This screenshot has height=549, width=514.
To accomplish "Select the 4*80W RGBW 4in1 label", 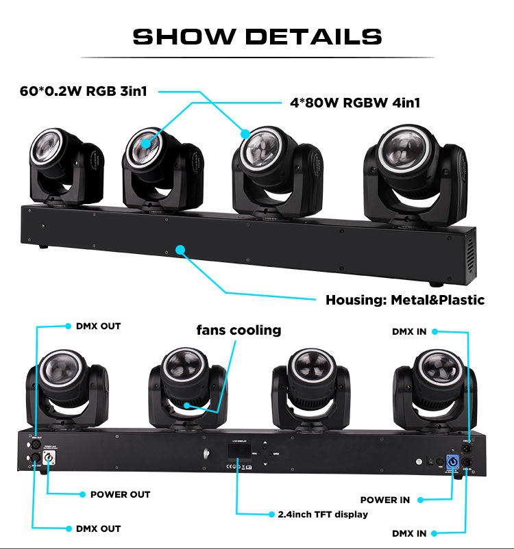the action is point(355,103).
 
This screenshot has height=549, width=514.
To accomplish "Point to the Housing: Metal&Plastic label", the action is point(404,300).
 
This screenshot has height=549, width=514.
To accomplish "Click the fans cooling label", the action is point(238,331).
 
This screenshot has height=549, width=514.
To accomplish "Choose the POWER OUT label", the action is point(120,494).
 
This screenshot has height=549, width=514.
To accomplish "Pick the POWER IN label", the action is point(385,500).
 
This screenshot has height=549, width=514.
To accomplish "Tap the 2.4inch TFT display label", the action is point(323,513).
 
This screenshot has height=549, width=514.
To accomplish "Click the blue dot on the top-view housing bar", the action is point(181,249).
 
